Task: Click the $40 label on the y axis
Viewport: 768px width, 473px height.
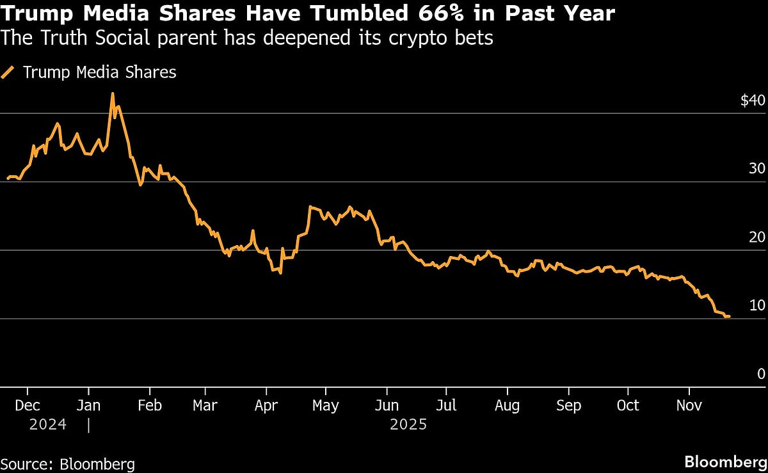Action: click(752, 100)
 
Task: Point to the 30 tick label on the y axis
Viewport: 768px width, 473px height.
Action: click(757, 168)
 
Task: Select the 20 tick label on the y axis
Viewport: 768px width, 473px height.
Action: click(757, 237)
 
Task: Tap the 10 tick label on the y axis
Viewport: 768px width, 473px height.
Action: click(757, 305)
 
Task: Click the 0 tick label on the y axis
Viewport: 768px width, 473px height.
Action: click(761, 374)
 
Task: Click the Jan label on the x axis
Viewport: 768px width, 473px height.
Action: click(88, 406)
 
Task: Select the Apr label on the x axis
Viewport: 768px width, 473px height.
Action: click(266, 406)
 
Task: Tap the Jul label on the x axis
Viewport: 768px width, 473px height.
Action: click(446, 406)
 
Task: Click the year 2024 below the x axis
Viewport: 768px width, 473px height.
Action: click(47, 424)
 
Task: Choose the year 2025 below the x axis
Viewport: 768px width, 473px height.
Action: click(408, 424)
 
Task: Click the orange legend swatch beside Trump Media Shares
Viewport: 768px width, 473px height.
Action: click(8, 72)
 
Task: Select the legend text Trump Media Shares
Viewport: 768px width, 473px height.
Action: click(99, 72)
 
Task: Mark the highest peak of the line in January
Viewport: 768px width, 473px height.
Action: click(113, 93)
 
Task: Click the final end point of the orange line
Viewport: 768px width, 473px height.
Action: click(729, 316)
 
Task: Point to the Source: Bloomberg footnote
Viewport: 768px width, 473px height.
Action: click(67, 464)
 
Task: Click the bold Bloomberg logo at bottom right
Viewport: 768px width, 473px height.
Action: click(725, 462)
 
